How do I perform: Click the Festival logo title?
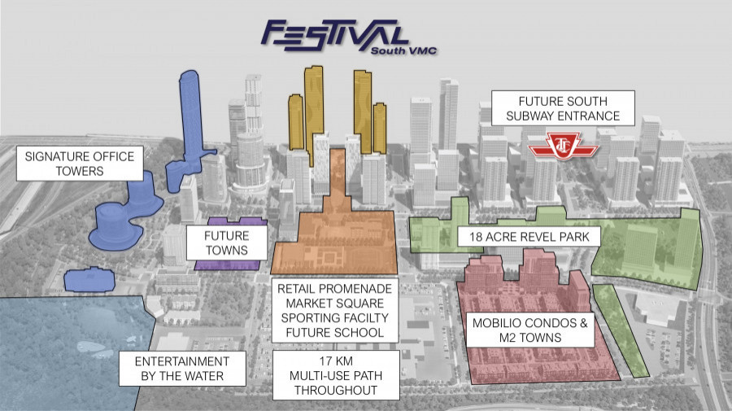335,36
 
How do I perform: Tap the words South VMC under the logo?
403,50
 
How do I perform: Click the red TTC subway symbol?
563,146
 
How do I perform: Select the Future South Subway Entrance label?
563,108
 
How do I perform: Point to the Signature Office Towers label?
80,164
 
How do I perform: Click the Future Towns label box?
227,243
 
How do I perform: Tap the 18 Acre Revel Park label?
529,237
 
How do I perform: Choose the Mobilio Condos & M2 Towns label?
530,330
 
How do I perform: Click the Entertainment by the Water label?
182,369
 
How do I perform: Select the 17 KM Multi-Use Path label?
336,375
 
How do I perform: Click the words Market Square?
335,303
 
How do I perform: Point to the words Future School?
335,333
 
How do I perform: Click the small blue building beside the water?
89,280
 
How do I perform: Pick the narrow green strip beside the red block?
621,330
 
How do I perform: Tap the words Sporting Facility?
335,317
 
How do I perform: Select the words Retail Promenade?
335,289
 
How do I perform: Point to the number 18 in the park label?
476,237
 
